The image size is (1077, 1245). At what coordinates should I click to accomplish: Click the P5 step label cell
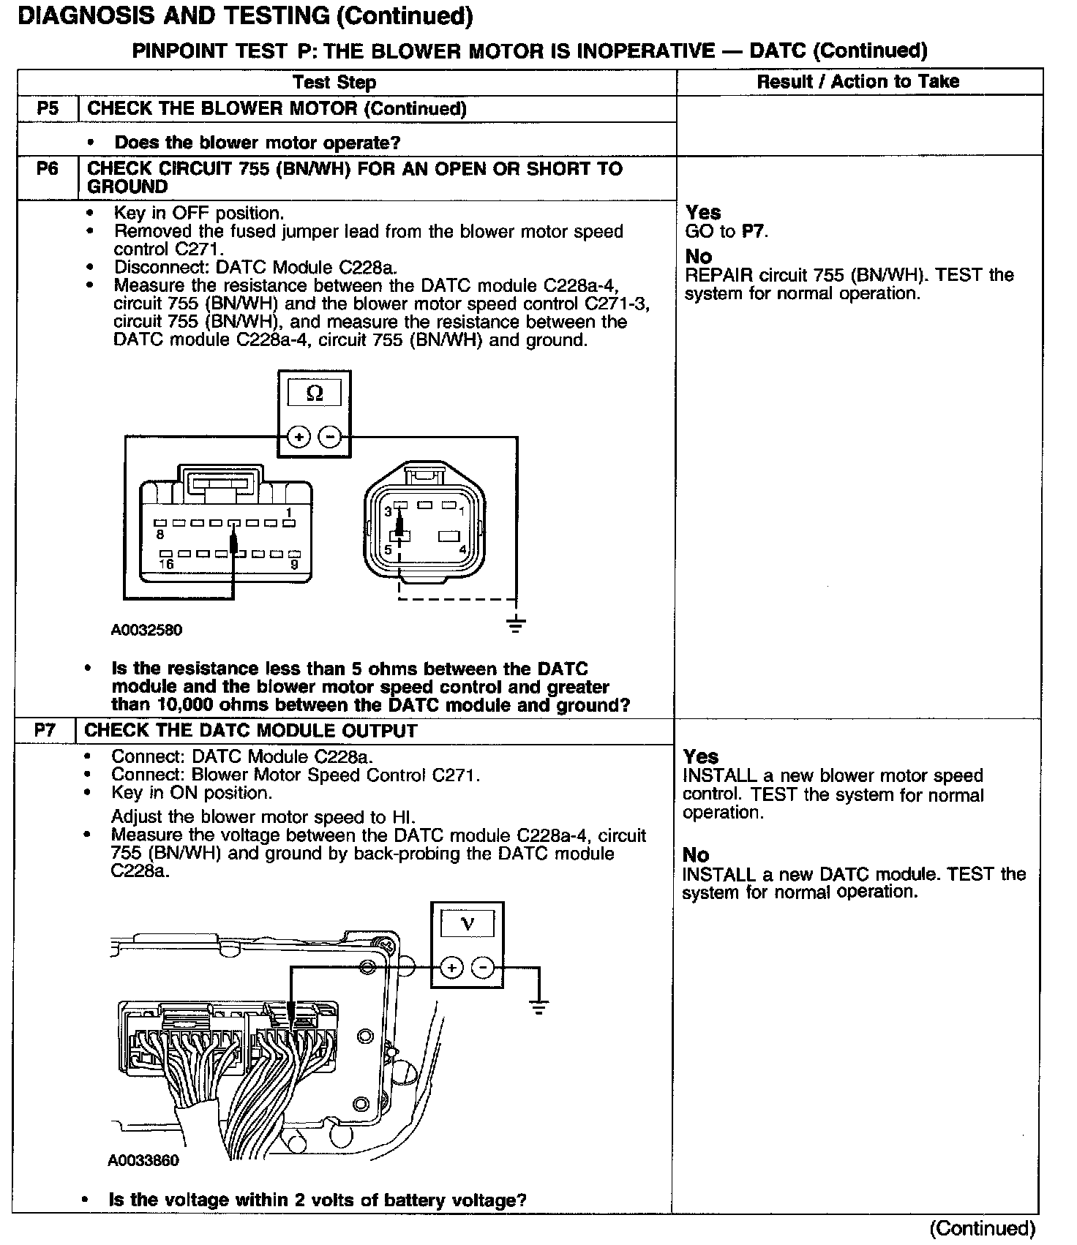pyautogui.click(x=48, y=109)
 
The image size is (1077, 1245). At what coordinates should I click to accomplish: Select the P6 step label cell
pyautogui.click(x=48, y=169)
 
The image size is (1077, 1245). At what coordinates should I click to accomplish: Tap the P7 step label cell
pyautogui.click(x=45, y=730)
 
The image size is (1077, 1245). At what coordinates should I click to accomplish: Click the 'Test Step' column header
pyautogui.click(x=334, y=83)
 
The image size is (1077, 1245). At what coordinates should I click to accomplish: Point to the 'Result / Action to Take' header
pyautogui.click(x=858, y=81)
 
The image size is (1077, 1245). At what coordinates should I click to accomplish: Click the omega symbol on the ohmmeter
pyautogui.click(x=315, y=394)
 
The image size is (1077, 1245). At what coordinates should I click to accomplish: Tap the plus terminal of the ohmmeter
pyautogui.click(x=299, y=437)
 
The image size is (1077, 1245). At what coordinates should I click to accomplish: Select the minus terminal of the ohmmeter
pyautogui.click(x=331, y=437)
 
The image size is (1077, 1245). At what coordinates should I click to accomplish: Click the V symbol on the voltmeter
pyautogui.click(x=468, y=924)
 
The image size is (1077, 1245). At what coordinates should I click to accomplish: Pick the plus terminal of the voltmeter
pyautogui.click(x=452, y=968)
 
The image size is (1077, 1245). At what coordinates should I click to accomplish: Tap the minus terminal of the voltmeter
pyautogui.click(x=484, y=968)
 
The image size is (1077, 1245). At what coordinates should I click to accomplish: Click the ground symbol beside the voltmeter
pyautogui.click(x=539, y=1008)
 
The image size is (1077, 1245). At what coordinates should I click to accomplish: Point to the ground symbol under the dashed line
pyautogui.click(x=517, y=624)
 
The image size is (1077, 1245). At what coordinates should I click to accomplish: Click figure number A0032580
pyautogui.click(x=147, y=630)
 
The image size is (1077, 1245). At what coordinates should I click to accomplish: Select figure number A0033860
pyautogui.click(x=143, y=1161)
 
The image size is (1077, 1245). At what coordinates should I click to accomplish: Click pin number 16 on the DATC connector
pyautogui.click(x=167, y=564)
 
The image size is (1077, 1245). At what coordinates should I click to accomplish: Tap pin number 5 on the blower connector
pyautogui.click(x=389, y=549)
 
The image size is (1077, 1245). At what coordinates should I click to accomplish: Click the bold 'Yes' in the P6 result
pyautogui.click(x=703, y=213)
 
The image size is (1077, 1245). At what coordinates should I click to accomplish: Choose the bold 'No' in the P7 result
pyautogui.click(x=696, y=854)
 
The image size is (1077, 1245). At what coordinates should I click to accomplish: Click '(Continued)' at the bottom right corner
pyautogui.click(x=982, y=1228)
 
